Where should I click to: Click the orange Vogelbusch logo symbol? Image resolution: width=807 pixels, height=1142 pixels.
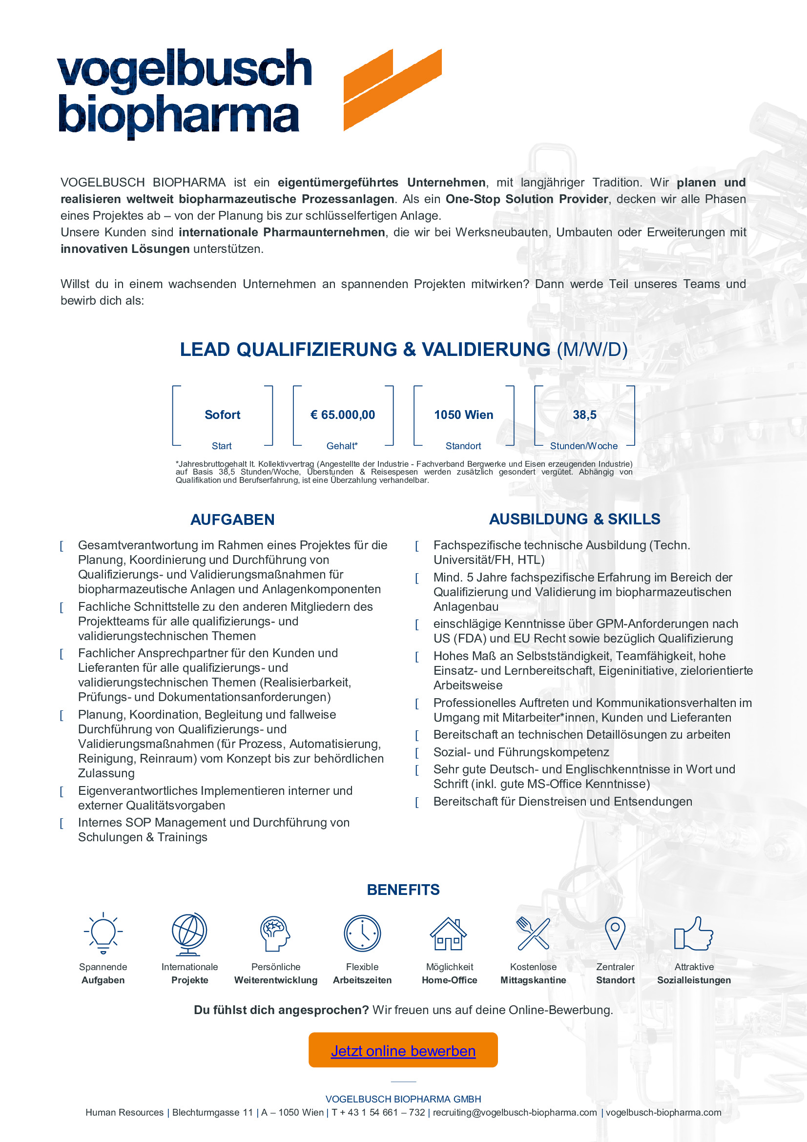coord(393,89)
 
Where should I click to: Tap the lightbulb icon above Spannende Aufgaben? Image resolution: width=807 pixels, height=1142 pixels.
coord(103,933)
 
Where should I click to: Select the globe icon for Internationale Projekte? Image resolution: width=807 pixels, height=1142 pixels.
coord(189,934)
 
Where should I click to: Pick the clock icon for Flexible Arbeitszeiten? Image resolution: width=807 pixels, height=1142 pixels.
coord(362,933)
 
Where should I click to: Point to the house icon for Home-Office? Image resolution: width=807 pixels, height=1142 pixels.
coord(449,934)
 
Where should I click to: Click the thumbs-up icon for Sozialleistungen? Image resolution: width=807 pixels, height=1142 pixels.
coord(693,934)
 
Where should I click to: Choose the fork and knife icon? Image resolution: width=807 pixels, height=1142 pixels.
coord(533,933)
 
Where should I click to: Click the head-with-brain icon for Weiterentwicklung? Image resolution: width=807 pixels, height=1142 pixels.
coord(275,934)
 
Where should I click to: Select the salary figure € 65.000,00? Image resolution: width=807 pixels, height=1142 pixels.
coord(343,415)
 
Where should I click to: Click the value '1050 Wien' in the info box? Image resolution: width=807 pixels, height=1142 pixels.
coord(463,415)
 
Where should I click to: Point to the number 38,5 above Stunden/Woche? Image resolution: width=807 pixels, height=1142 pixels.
coord(584,415)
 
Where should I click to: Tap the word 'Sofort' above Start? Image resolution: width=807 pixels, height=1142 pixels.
coord(222,415)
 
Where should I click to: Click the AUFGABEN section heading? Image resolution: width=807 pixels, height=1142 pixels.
coord(232,520)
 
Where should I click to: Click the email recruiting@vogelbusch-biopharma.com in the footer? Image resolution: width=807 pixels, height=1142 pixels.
coord(515,1112)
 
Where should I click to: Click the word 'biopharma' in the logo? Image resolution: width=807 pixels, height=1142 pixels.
coord(179,115)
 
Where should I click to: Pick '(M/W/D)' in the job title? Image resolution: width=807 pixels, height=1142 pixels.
coord(592,350)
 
